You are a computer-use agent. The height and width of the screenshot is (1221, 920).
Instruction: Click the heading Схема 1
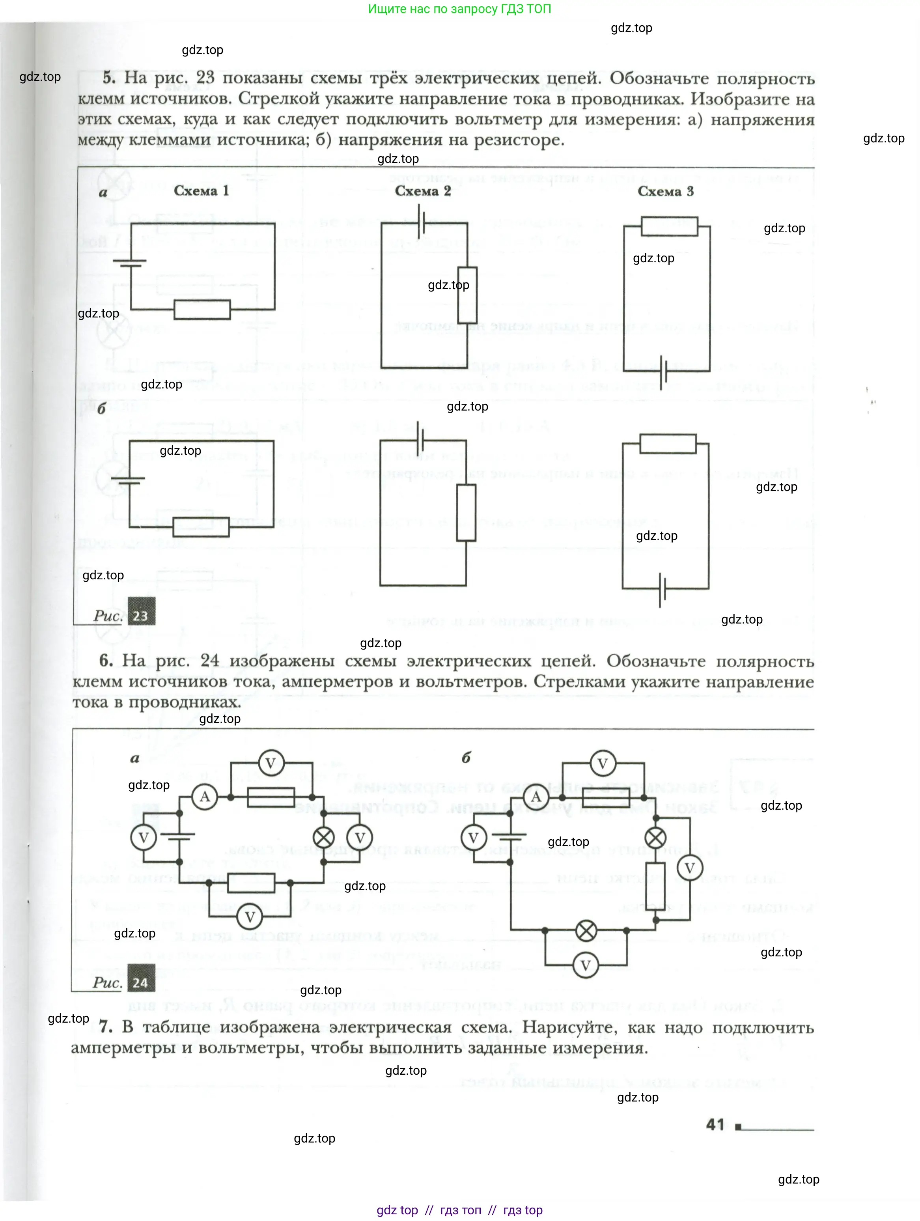pyautogui.click(x=201, y=191)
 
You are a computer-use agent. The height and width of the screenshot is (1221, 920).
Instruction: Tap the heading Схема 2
pyautogui.click(x=423, y=191)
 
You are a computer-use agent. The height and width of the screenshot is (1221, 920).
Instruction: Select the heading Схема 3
pyautogui.click(x=665, y=192)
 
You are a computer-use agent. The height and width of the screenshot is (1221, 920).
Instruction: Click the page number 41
pyautogui.click(x=715, y=1125)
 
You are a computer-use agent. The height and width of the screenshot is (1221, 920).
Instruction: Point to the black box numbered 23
pyautogui.click(x=141, y=611)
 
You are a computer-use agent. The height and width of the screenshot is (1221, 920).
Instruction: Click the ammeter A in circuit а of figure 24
pyautogui.click(x=205, y=797)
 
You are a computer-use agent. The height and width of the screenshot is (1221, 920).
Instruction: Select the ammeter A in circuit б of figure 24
pyautogui.click(x=536, y=797)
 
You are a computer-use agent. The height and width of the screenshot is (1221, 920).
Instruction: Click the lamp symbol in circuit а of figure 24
pyautogui.click(x=323, y=837)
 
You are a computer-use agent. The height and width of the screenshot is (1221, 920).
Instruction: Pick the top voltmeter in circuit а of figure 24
pyautogui.click(x=271, y=764)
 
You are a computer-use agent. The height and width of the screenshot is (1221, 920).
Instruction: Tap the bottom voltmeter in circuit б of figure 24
pyautogui.click(x=586, y=965)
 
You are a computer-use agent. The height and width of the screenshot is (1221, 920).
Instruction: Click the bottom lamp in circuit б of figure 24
pyautogui.click(x=586, y=931)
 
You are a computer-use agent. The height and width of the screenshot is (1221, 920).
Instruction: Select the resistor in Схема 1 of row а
pyautogui.click(x=202, y=310)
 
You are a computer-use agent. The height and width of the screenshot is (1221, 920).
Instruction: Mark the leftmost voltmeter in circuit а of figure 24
pyautogui.click(x=144, y=837)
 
